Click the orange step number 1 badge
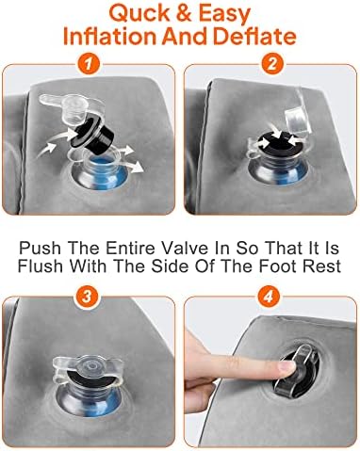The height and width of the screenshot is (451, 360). click(89, 64)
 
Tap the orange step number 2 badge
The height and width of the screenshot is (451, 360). click(272, 64)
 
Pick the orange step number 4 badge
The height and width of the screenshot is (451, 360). click(268, 296)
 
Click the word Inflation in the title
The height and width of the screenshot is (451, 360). click(109, 36)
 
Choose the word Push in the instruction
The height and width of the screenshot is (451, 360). click(40, 248)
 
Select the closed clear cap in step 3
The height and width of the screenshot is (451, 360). click(89, 370)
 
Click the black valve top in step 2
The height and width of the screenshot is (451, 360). click(276, 144)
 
